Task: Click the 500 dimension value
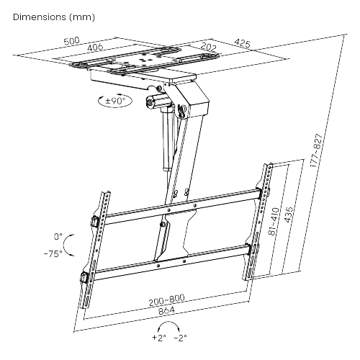(x=71, y=41)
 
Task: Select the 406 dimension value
(x=95, y=48)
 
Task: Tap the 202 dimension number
(x=208, y=47)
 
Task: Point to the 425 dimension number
(x=242, y=43)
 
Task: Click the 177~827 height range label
(x=316, y=150)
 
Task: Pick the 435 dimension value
(x=289, y=215)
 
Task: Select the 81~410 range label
(x=274, y=221)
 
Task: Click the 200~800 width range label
(x=167, y=300)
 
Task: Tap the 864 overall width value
(x=167, y=310)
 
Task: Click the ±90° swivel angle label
(x=115, y=100)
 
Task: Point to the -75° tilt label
(x=53, y=253)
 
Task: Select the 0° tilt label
(x=58, y=237)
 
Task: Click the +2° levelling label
(x=159, y=338)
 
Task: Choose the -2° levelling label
(x=180, y=338)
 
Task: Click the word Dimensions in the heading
(x=40, y=17)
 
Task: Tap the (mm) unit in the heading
(x=81, y=17)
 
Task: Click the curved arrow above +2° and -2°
(x=169, y=323)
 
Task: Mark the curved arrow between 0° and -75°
(x=63, y=246)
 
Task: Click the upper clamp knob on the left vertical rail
(x=95, y=221)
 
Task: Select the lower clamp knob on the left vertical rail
(x=84, y=277)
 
